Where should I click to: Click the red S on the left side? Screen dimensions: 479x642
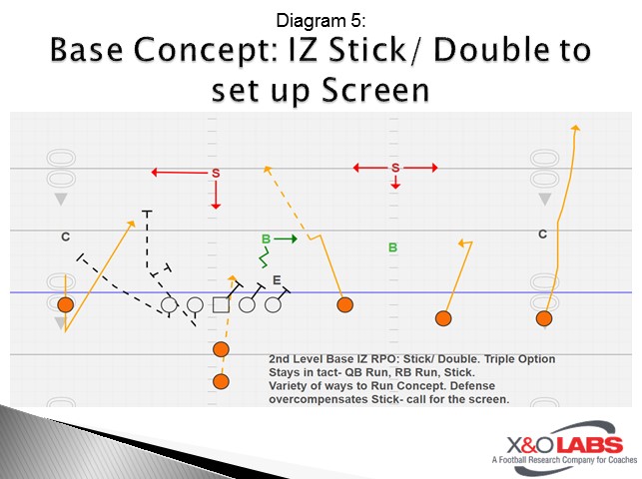(216, 174)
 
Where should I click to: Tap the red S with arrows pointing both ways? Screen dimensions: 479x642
(395, 168)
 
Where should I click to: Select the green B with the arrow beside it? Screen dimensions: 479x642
(266, 239)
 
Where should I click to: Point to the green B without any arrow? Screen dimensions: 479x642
(392, 246)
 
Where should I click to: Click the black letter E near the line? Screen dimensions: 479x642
(277, 280)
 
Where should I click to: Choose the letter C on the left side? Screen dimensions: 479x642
(65, 237)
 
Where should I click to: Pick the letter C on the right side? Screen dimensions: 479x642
(542, 235)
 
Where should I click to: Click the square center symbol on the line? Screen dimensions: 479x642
(221, 304)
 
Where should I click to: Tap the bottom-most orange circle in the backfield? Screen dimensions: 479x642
(221, 380)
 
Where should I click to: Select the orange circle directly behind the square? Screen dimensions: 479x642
(221, 348)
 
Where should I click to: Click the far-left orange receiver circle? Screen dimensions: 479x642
(65, 304)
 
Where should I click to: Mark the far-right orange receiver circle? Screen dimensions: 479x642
(544, 318)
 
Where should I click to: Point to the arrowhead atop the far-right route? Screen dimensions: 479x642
(574, 128)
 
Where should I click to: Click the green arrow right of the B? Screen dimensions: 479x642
(287, 239)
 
